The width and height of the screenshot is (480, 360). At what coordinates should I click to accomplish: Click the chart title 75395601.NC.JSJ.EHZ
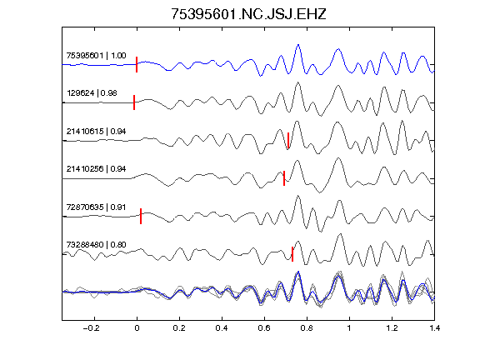click(x=248, y=14)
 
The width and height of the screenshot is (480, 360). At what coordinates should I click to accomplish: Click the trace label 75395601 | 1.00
click(x=96, y=56)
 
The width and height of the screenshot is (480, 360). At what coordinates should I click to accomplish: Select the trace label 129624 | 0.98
click(x=92, y=93)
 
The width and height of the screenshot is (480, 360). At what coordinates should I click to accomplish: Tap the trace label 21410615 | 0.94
click(x=96, y=132)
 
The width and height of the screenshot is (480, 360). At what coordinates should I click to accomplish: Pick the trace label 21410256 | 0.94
click(x=96, y=169)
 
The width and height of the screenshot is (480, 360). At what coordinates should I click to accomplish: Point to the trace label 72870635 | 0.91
click(x=96, y=207)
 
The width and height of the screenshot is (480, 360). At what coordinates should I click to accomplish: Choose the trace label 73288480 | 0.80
click(x=96, y=245)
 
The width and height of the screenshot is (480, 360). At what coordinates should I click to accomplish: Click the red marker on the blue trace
click(x=137, y=64)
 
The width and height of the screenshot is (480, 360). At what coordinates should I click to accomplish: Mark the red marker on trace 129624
click(x=134, y=102)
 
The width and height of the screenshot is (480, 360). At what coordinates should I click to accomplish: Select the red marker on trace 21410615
click(x=288, y=140)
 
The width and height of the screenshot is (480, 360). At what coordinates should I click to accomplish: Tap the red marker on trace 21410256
click(x=284, y=178)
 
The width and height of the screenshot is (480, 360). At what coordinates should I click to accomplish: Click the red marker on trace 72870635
click(x=141, y=216)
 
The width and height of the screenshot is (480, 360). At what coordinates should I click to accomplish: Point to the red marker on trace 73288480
click(x=292, y=254)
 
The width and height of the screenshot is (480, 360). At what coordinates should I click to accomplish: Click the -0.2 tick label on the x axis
click(x=91, y=328)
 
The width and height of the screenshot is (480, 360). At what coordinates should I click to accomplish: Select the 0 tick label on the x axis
click(x=137, y=328)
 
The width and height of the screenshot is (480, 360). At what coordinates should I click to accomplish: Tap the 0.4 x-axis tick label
click(x=222, y=328)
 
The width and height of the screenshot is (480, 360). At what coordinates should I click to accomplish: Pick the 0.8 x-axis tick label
click(x=307, y=328)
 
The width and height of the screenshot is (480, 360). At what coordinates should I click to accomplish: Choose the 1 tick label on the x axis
click(x=349, y=328)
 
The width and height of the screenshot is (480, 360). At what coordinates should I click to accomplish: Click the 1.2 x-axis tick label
click(x=392, y=328)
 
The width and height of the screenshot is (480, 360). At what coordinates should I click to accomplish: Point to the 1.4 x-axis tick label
click(x=434, y=328)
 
